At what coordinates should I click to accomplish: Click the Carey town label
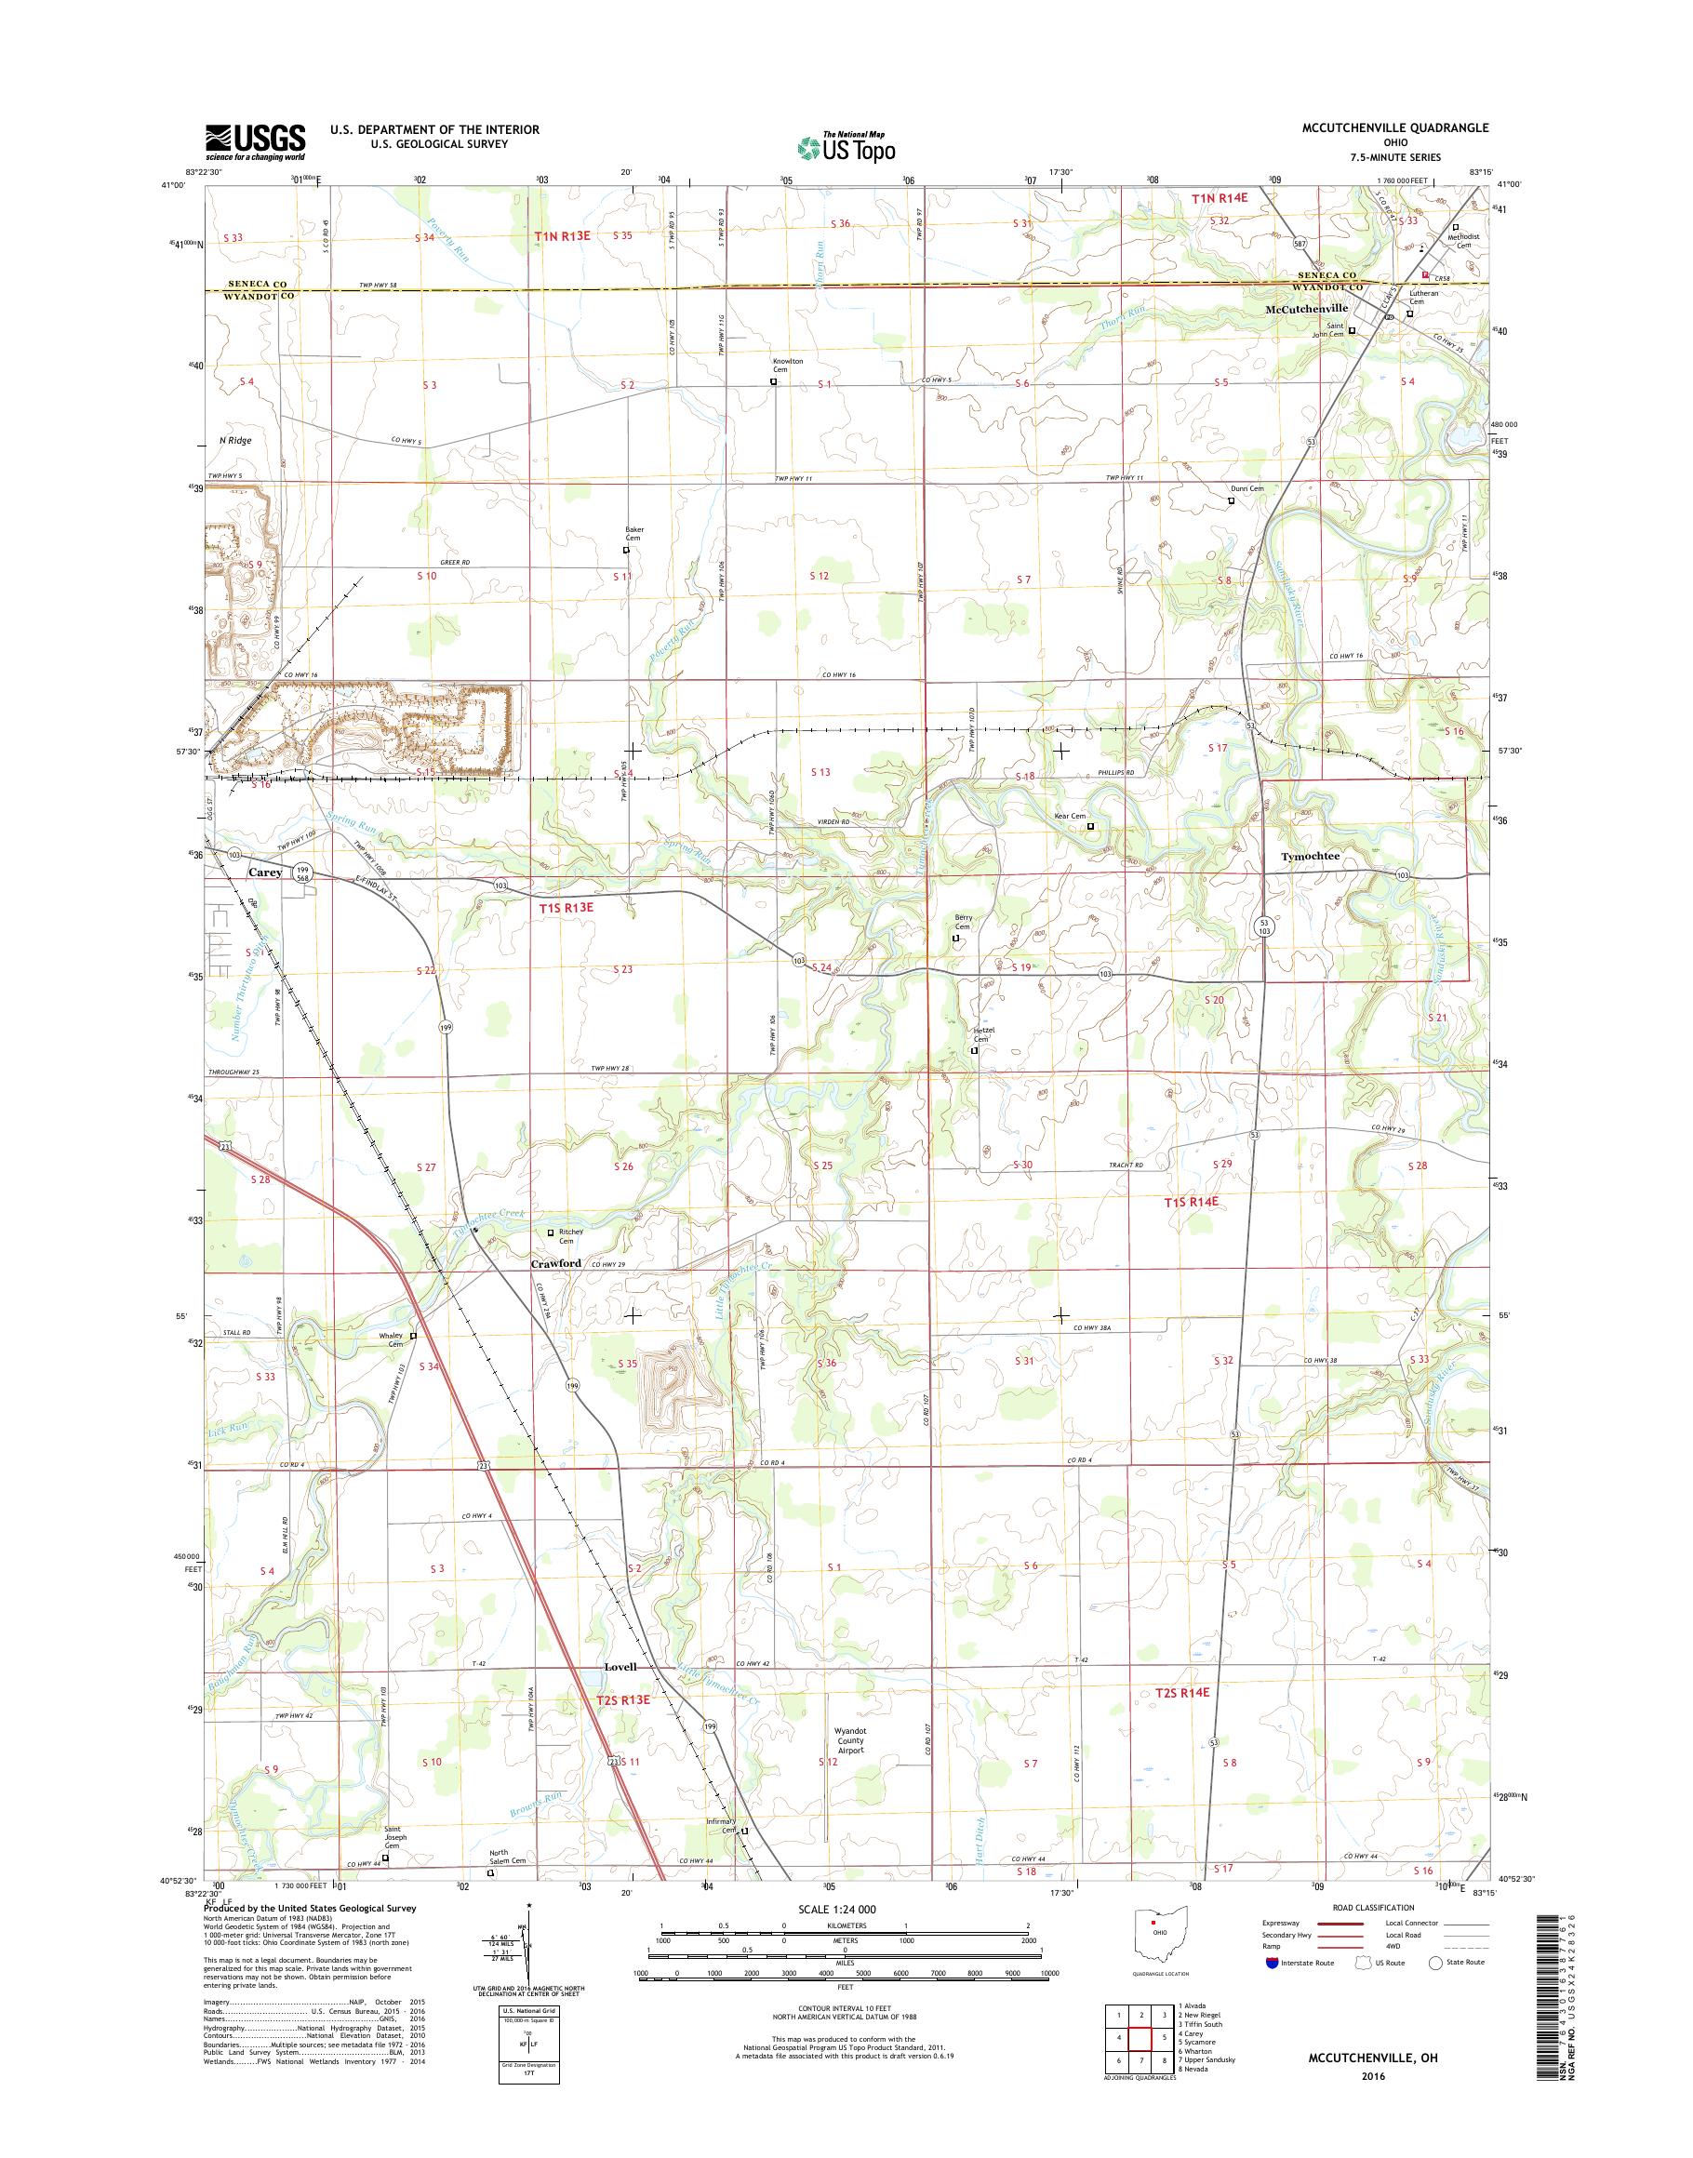click(265, 873)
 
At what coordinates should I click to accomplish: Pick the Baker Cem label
click(633, 533)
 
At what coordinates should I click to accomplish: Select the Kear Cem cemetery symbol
click(1091, 826)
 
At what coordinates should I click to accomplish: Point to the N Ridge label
click(235, 440)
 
